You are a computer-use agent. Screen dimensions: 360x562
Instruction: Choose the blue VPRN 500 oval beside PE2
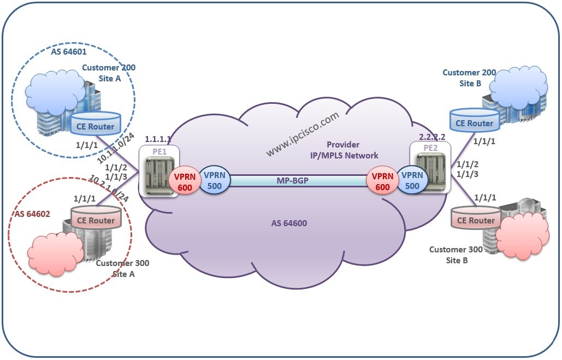tap(412, 180)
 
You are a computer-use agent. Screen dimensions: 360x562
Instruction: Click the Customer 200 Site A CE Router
tap(94, 125)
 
